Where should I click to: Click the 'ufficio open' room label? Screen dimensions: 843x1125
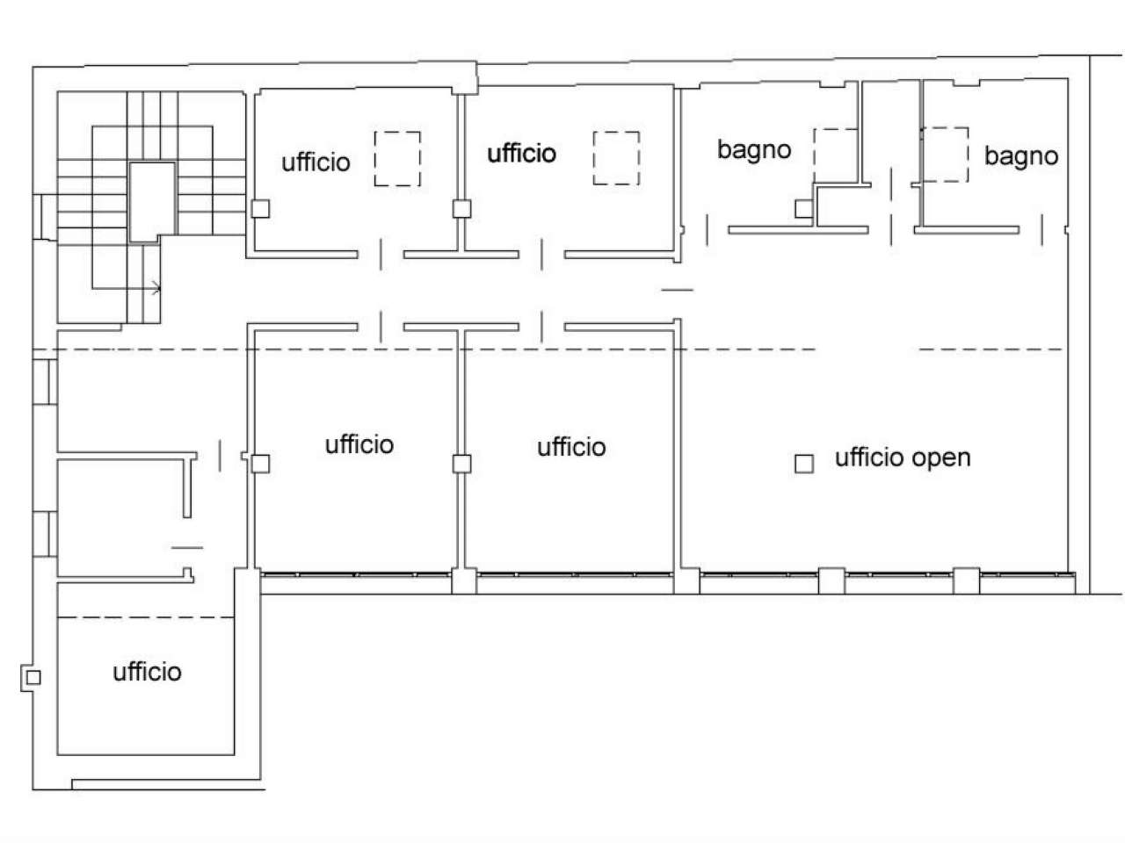(903, 458)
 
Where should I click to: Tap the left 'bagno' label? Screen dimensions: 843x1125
(754, 150)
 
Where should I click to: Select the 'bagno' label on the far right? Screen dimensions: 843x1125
(1020, 156)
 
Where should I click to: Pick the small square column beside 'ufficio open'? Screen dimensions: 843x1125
(803, 464)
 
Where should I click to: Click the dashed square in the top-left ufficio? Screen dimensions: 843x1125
(397, 158)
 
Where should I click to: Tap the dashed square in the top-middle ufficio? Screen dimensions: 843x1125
(615, 158)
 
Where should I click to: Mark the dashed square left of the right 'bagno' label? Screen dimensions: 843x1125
(944, 155)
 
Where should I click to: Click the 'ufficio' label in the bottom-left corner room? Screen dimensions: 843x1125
(148, 672)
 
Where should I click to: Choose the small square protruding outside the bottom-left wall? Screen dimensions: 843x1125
(33, 677)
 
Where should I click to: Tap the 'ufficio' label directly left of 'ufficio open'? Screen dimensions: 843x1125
(571, 447)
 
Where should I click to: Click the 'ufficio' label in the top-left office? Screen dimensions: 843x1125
(316, 162)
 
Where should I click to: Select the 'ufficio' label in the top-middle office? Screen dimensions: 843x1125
(522, 154)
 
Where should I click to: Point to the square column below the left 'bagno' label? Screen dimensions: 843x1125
(803, 209)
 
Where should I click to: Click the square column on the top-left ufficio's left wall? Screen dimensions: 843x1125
(259, 209)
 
